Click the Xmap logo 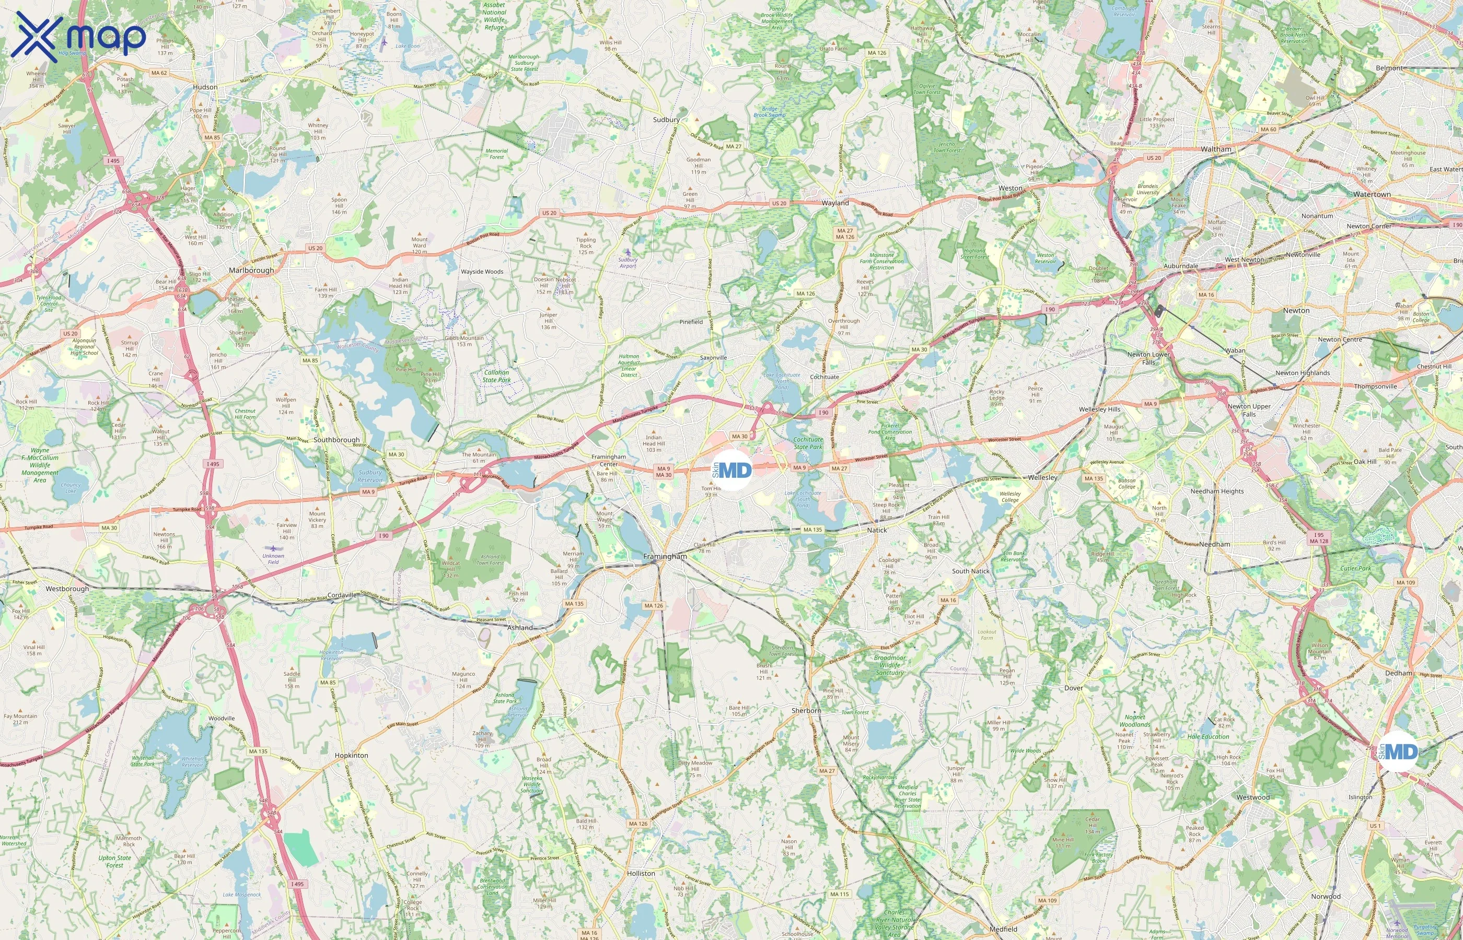click(78, 36)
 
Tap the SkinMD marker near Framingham click(733, 470)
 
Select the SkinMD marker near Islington click(1398, 751)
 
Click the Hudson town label click(205, 87)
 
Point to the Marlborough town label click(251, 271)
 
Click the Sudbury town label click(666, 120)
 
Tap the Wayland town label click(834, 203)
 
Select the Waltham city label click(1216, 149)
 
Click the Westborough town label click(67, 589)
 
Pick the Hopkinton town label click(351, 756)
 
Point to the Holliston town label click(641, 874)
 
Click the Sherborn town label click(806, 711)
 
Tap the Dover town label click(1073, 688)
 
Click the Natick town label click(877, 531)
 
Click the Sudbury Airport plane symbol click(628, 252)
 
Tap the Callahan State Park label click(496, 376)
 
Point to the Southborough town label click(336, 440)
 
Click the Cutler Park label click(1355, 568)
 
